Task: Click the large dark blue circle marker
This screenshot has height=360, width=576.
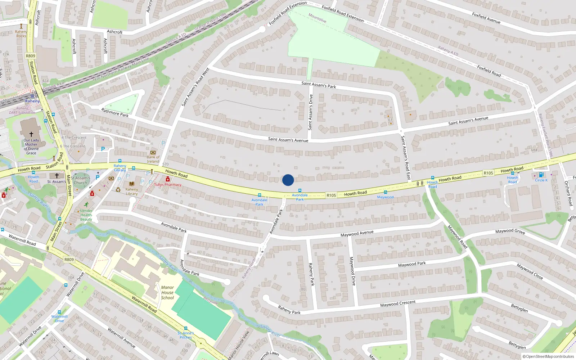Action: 288,180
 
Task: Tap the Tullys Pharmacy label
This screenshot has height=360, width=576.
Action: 168,185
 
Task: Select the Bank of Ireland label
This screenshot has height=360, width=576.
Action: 153,159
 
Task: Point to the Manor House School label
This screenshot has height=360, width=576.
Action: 167,293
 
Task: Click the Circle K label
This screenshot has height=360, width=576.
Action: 541,180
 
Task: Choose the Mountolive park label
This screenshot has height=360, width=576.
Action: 317,18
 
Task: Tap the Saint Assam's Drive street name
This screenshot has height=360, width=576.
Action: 310,112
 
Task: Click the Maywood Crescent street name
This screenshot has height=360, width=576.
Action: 398,304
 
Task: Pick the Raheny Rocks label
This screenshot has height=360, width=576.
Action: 21,34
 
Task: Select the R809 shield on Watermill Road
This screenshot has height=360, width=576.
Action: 69,260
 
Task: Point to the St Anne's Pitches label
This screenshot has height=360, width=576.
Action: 186,335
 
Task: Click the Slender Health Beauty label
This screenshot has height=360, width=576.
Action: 86,215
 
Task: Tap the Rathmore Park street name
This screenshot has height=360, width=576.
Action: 115,113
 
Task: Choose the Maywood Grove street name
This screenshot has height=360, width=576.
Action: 510,231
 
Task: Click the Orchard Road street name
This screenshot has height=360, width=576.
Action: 568,193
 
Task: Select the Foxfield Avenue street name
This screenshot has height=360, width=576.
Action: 486,18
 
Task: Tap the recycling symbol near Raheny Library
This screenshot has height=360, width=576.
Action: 118,189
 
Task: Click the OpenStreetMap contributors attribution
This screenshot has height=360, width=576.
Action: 548,356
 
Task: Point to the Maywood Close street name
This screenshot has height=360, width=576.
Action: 530,271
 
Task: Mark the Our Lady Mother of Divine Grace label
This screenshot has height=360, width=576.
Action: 31,147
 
